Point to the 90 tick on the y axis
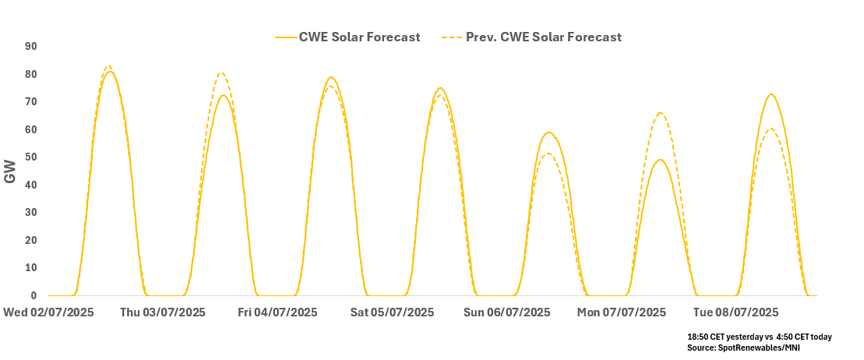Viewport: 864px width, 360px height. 30,47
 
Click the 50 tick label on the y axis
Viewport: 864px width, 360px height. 30,157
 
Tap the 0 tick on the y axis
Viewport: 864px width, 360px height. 34,296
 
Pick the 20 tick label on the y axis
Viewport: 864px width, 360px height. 30,241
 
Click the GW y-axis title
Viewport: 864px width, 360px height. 11,171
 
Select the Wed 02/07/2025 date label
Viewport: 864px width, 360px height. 48,312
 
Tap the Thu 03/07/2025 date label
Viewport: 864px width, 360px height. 163,312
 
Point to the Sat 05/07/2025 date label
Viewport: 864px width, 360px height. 392,312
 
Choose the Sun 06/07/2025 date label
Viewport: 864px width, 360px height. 506,312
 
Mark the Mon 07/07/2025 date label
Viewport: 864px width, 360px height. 622,312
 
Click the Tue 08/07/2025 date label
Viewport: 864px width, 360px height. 735,312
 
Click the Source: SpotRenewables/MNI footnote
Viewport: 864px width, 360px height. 743,348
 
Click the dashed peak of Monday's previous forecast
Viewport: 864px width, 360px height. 661,113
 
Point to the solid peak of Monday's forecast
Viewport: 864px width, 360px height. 661,160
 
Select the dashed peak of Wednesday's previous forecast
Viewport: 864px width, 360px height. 108,65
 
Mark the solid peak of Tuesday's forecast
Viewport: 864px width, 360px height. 771,94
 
